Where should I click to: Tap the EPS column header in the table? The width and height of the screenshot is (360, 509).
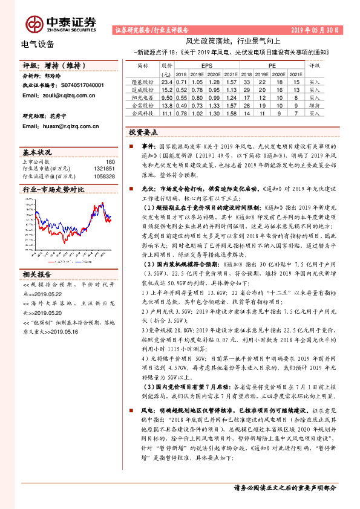tap(206, 63)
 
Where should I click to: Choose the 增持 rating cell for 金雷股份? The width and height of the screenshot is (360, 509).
tap(314, 105)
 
